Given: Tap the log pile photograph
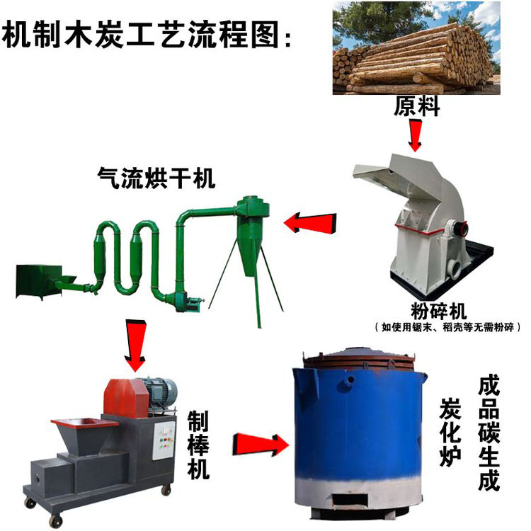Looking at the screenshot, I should (416, 48).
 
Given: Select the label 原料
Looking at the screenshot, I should (417, 106).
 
